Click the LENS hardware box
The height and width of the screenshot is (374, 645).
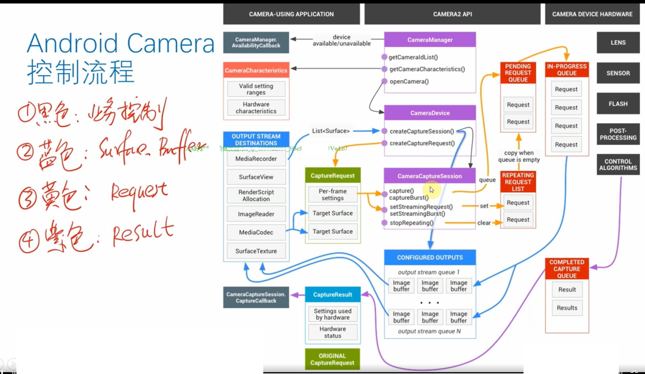(x=618, y=42)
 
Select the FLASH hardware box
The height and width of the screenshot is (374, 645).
(x=618, y=104)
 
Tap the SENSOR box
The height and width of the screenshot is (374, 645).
(x=618, y=73)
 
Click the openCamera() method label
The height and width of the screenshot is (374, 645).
(x=409, y=82)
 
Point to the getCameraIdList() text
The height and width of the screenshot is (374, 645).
(x=413, y=57)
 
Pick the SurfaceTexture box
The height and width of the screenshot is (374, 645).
(x=256, y=251)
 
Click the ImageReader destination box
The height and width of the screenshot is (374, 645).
(x=256, y=214)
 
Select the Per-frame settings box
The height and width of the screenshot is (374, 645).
(x=333, y=195)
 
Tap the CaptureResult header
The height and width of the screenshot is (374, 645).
(x=333, y=295)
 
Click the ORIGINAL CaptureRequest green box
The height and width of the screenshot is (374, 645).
(x=332, y=359)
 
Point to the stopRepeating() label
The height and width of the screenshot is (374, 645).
(x=411, y=223)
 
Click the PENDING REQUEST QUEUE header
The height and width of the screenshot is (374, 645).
(x=518, y=73)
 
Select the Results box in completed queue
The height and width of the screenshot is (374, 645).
(x=567, y=308)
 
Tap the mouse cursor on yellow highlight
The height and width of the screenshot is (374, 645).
(x=432, y=189)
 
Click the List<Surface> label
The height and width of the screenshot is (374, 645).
(x=331, y=131)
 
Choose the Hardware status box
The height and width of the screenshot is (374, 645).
(x=333, y=332)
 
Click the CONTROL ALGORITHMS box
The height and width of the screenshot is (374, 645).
(x=618, y=165)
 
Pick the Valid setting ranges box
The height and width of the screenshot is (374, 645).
(x=256, y=89)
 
